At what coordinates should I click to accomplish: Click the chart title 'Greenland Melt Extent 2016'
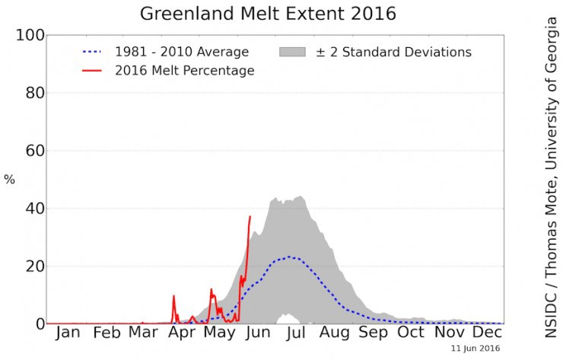tap(269, 14)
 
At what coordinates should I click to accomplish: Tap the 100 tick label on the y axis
tap(29, 35)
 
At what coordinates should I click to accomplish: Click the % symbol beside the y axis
tap(9, 180)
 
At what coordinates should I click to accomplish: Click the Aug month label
tap(334, 333)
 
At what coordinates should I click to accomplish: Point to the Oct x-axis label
tap(411, 333)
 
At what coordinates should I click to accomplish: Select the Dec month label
tap(487, 333)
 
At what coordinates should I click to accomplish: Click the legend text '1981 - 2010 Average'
tap(181, 52)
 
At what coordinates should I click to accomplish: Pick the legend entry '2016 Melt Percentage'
tap(183, 71)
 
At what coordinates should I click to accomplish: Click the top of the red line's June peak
tap(250, 216)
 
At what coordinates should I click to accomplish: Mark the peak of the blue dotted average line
tap(289, 256)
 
